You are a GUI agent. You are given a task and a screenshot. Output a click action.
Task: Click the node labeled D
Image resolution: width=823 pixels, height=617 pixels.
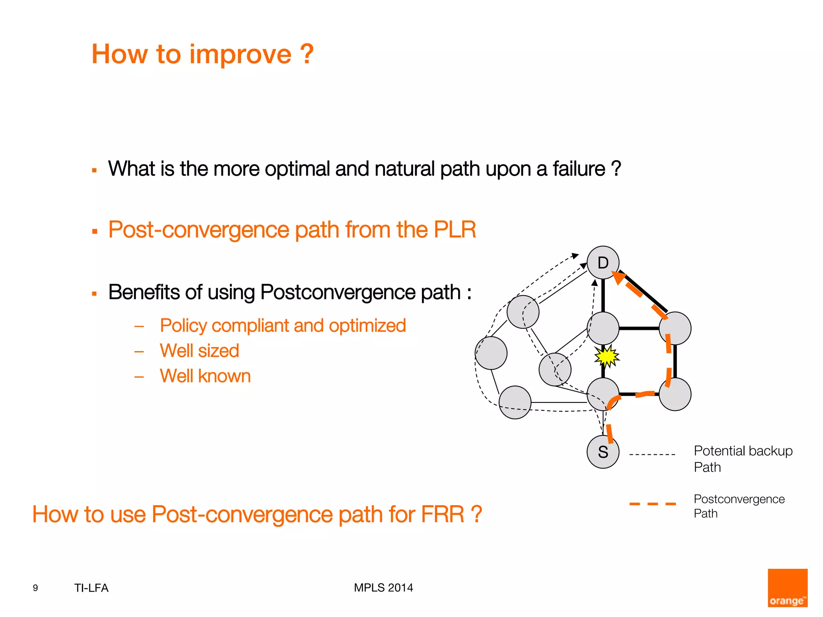[x=603, y=263]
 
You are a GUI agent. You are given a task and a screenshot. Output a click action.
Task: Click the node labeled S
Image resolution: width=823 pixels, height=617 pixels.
[x=603, y=452]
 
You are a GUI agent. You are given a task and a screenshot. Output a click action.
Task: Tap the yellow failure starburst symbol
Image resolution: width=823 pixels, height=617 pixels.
[x=607, y=356]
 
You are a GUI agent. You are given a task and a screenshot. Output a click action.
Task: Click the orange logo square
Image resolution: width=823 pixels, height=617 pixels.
[x=787, y=587]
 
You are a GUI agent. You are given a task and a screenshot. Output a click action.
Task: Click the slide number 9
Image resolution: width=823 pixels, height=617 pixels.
[x=35, y=588]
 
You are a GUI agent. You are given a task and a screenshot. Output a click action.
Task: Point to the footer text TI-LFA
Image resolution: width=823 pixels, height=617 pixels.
[x=91, y=588]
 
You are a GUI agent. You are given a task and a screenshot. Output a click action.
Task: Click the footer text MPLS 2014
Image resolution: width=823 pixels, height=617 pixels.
[x=383, y=588]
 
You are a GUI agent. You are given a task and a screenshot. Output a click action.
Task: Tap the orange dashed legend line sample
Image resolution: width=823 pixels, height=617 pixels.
[x=652, y=504]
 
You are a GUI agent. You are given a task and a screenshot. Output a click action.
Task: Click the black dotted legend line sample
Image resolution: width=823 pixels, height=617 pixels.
[x=652, y=455]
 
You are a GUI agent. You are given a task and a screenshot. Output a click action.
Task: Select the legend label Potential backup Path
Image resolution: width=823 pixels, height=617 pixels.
[x=743, y=459]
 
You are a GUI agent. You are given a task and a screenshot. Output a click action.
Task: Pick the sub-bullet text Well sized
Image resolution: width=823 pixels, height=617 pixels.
[x=199, y=351]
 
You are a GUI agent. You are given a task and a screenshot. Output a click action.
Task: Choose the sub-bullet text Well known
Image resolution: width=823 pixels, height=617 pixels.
[x=205, y=376]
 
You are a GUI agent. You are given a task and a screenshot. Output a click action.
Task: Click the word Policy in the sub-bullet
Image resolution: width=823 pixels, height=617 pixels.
[x=183, y=326]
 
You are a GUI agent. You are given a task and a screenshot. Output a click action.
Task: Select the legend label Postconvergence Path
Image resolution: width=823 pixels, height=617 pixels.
[x=739, y=506]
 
